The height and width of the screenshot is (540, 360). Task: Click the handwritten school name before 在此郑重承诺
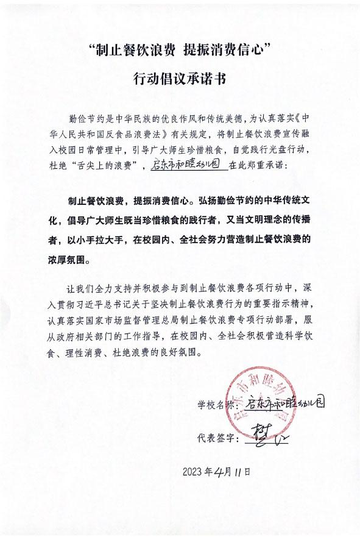pyautogui.click(x=188, y=165)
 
